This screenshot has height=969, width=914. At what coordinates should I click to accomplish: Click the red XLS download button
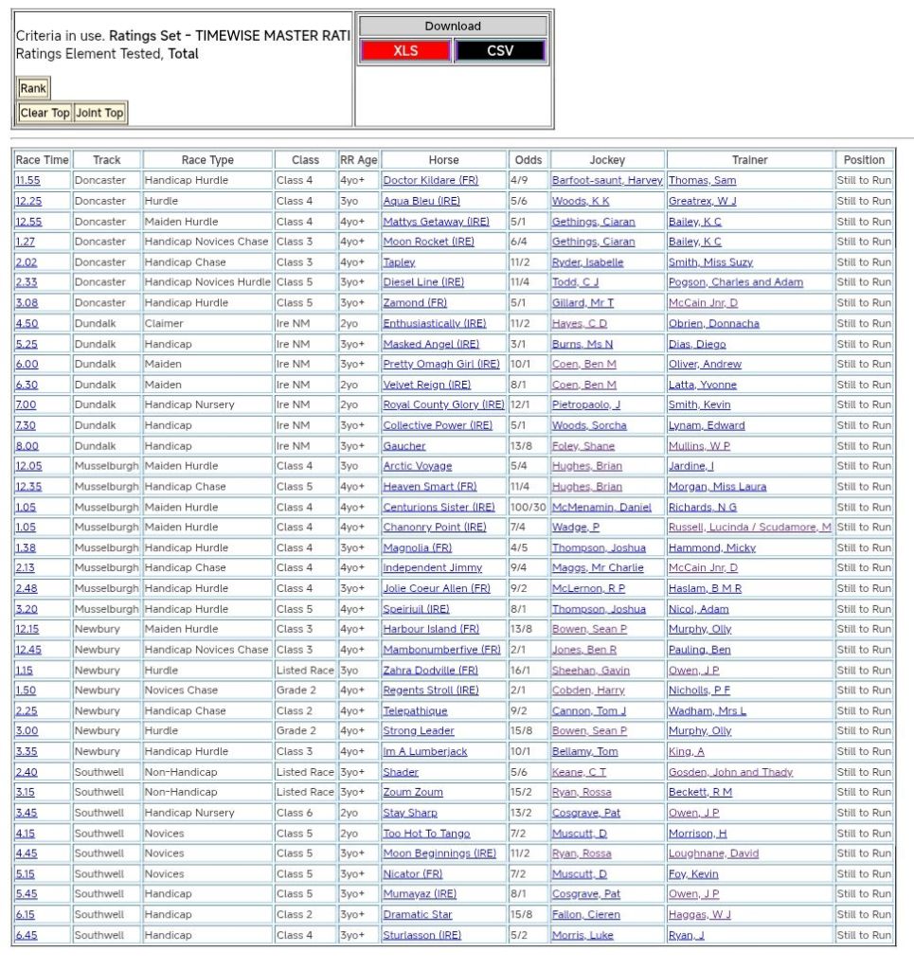[405, 51]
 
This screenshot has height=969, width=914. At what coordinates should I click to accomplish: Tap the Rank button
[33, 88]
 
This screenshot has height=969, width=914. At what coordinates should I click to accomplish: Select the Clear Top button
[45, 113]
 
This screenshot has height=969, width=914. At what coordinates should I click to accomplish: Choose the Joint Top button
[99, 113]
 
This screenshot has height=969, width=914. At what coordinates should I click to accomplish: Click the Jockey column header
[607, 160]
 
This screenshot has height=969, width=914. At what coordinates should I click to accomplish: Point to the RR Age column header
[359, 160]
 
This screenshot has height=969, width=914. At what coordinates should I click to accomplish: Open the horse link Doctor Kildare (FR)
[431, 181]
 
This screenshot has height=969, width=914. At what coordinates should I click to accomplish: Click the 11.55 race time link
[27, 181]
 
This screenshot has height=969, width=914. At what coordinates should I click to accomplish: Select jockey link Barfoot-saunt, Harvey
[607, 181]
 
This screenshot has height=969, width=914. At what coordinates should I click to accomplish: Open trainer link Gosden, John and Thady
[730, 772]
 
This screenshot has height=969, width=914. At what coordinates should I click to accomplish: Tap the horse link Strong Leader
[419, 731]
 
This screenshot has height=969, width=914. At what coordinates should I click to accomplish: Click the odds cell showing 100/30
[528, 507]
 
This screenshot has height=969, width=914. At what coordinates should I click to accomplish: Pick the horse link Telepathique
[416, 710]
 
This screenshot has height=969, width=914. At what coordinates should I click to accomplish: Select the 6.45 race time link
[26, 935]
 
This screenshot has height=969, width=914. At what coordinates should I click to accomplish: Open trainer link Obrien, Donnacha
[713, 324]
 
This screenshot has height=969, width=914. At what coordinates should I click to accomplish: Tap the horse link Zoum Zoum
[413, 792]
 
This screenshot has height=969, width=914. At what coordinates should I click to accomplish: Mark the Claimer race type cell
[163, 324]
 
